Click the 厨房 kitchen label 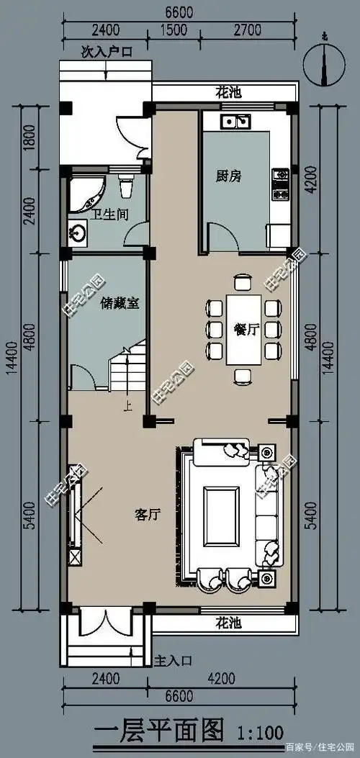(228, 175)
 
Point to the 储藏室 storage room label (120, 304)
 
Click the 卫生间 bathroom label (105, 212)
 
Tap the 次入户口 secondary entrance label (106, 53)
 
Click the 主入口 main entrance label (173, 659)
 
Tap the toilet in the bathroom (126, 186)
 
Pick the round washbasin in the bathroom (78, 233)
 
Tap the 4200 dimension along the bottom (226, 677)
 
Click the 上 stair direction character (127, 405)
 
